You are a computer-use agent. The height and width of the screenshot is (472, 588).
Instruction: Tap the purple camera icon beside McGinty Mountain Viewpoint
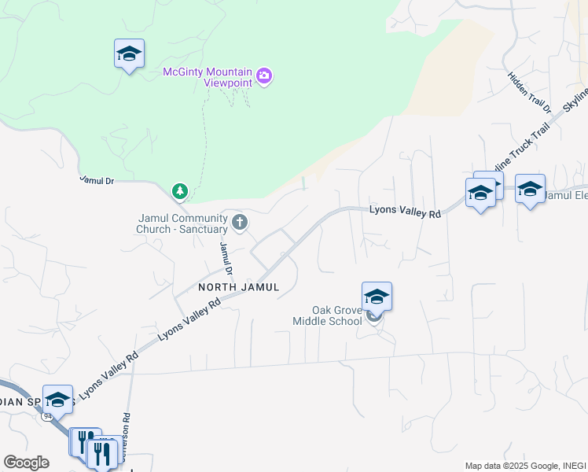(264, 76)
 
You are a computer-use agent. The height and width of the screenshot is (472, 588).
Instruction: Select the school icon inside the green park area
(129, 53)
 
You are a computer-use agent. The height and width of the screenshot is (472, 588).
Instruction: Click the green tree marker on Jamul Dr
(180, 190)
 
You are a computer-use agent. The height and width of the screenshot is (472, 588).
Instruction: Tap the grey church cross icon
(240, 223)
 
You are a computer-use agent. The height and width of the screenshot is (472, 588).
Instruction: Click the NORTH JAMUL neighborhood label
(239, 287)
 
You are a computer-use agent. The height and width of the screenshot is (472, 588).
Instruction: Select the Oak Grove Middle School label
(327, 315)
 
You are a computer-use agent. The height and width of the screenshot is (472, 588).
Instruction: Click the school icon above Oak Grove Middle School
(377, 297)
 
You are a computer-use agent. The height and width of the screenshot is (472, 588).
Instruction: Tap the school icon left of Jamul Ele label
(530, 189)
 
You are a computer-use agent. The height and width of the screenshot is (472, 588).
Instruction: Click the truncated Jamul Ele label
(566, 195)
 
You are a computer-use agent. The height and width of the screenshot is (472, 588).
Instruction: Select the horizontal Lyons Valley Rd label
(405, 212)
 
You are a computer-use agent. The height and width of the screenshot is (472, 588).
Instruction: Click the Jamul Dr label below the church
(226, 258)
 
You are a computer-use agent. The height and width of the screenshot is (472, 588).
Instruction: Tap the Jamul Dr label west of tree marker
(97, 180)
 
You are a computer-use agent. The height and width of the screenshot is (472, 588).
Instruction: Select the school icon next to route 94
(57, 399)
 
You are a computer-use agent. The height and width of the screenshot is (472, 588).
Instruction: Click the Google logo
(26, 463)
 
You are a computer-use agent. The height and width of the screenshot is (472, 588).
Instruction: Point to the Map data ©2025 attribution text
(524, 466)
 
